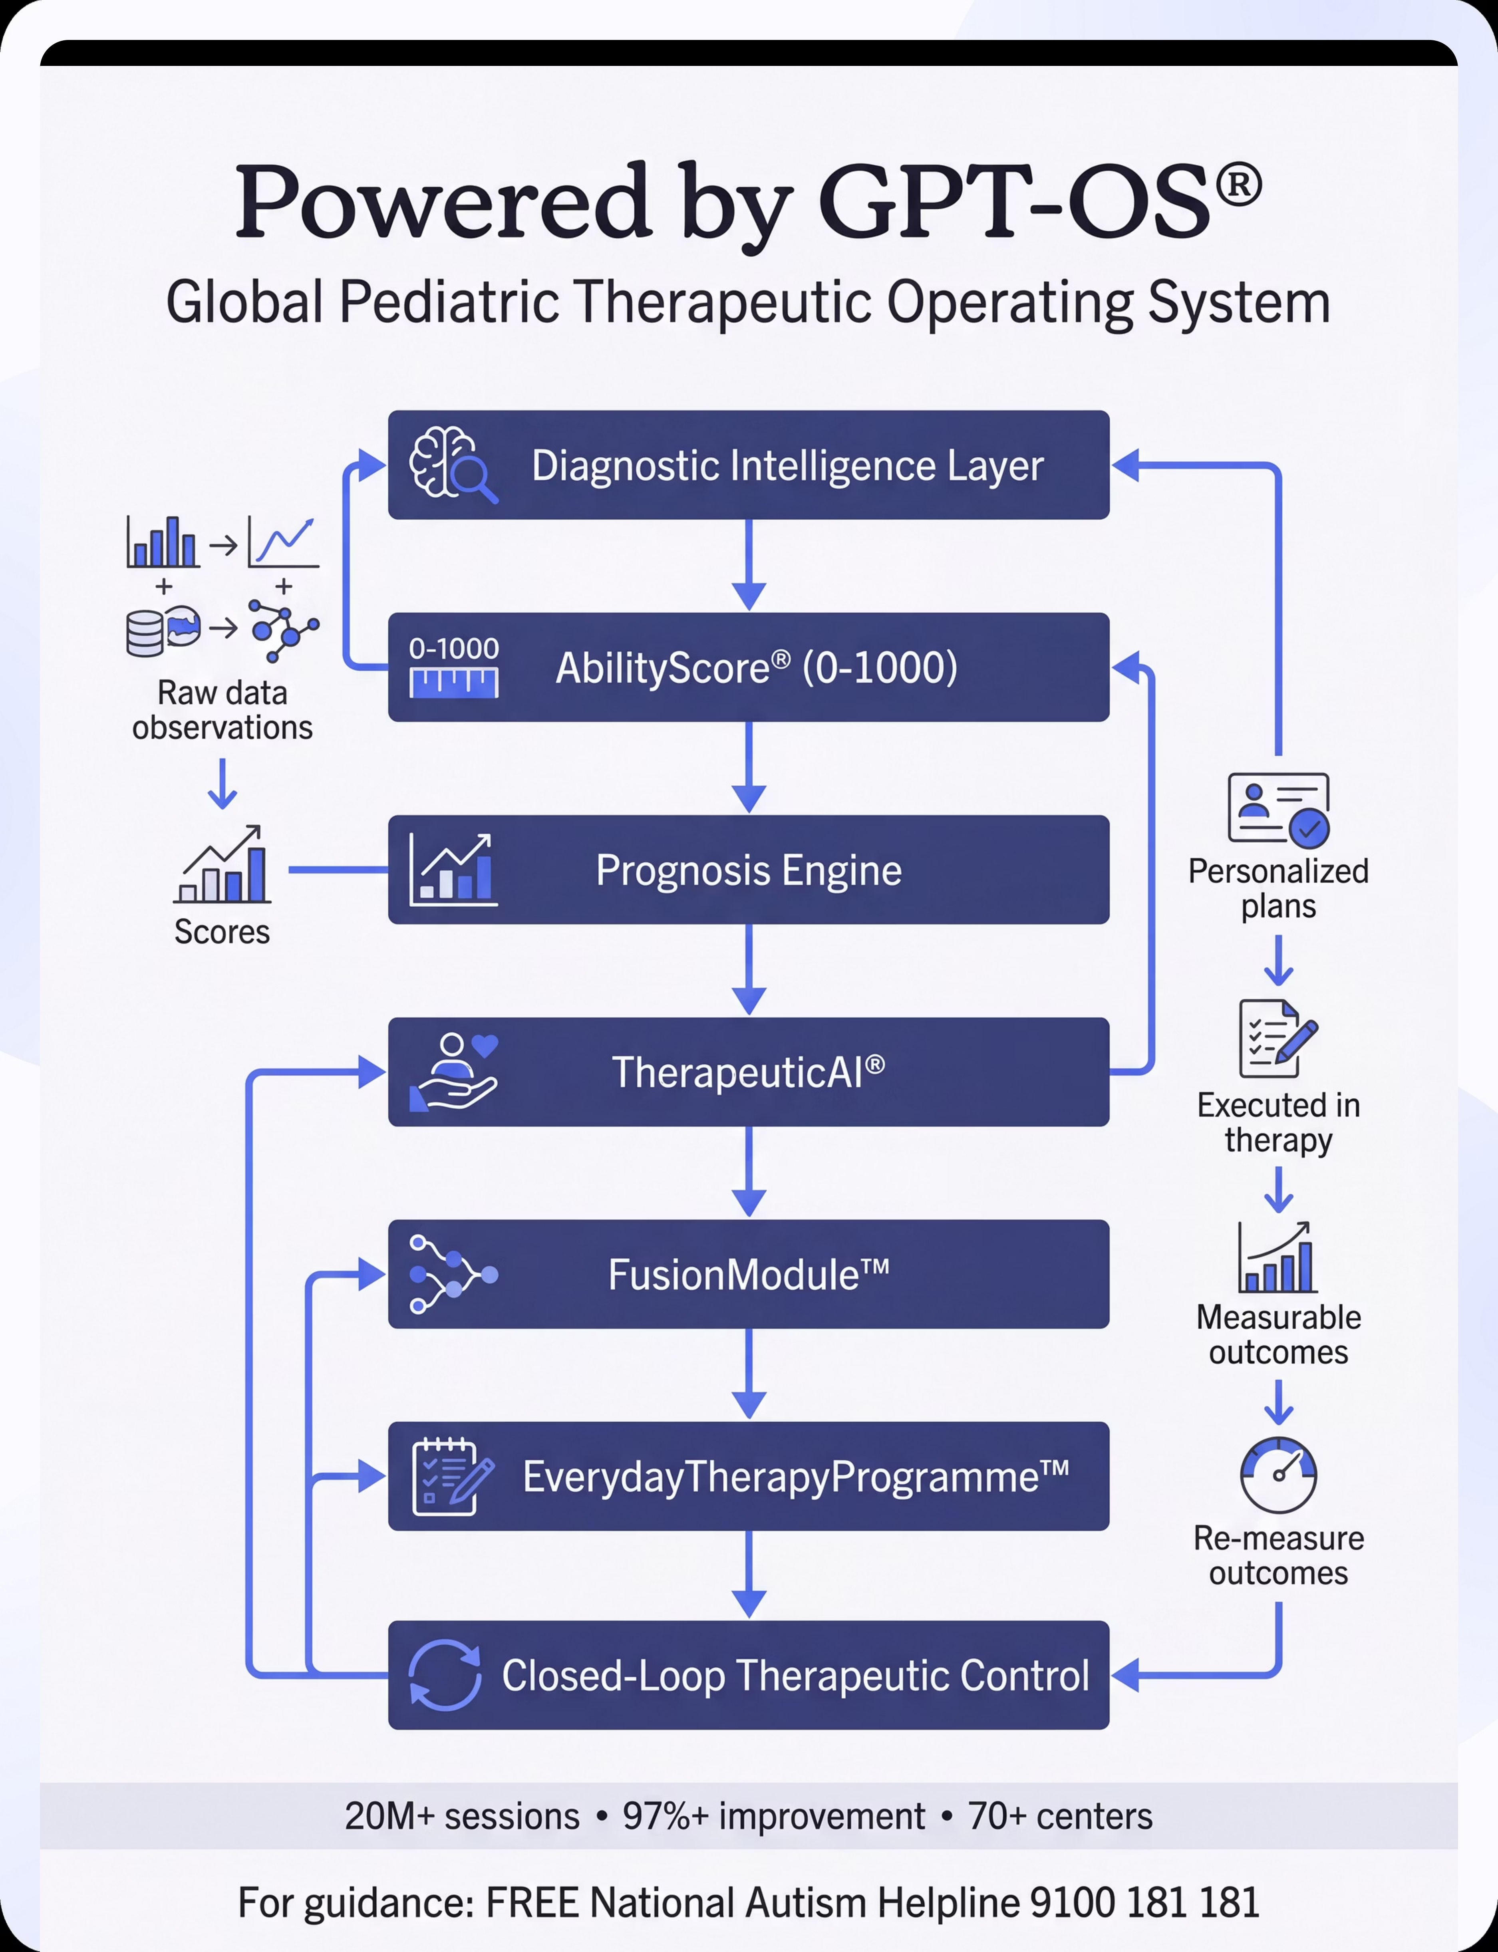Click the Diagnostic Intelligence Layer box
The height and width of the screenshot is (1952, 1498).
(x=749, y=465)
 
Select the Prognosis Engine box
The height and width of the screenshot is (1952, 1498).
(x=749, y=870)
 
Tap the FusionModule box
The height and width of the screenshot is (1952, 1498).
(x=749, y=1275)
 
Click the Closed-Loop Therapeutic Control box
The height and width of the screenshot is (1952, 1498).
(x=749, y=1676)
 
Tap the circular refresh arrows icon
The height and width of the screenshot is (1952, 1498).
(x=444, y=1676)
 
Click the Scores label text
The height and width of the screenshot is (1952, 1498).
(x=222, y=932)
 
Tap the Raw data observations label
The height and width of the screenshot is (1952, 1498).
(x=222, y=711)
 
